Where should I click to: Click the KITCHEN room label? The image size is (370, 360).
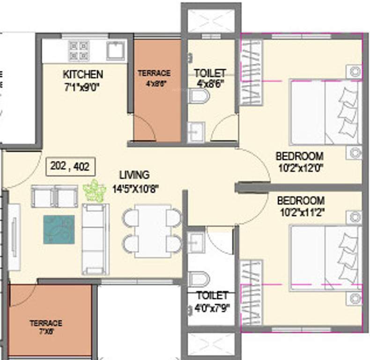[x=83, y=75]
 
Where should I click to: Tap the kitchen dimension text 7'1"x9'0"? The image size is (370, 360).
[x=83, y=86]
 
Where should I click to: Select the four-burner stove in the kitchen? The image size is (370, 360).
[x=79, y=50]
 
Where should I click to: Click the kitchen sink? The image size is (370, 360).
[x=115, y=50]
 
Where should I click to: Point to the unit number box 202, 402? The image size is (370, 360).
[x=70, y=167]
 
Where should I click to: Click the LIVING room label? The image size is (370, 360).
[x=134, y=175]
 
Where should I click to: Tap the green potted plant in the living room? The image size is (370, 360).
[x=94, y=190]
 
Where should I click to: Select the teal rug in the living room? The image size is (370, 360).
[x=59, y=229]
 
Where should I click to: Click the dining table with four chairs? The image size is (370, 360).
[x=152, y=230]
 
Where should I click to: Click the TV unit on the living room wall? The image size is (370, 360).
[x=14, y=237]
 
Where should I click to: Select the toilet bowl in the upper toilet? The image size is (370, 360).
[x=199, y=97]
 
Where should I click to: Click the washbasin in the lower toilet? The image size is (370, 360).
[x=196, y=242]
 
